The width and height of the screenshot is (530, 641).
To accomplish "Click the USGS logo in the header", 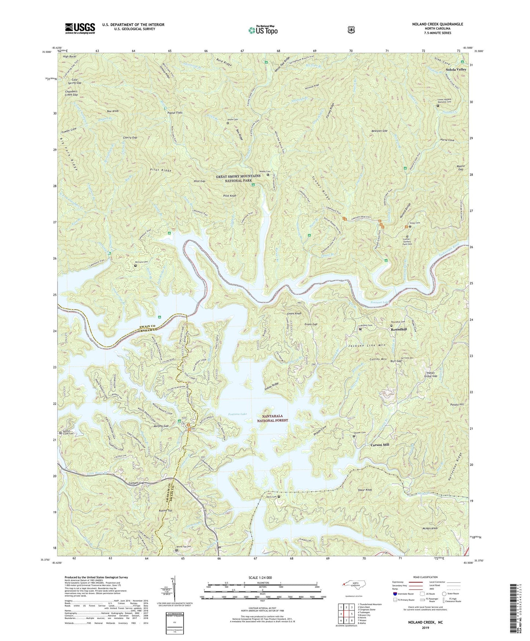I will pyautogui.click(x=80, y=28).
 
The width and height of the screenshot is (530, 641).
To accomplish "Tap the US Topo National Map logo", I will pyautogui.click(x=262, y=30).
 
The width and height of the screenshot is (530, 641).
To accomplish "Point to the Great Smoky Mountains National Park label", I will pyautogui.click(x=238, y=178).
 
